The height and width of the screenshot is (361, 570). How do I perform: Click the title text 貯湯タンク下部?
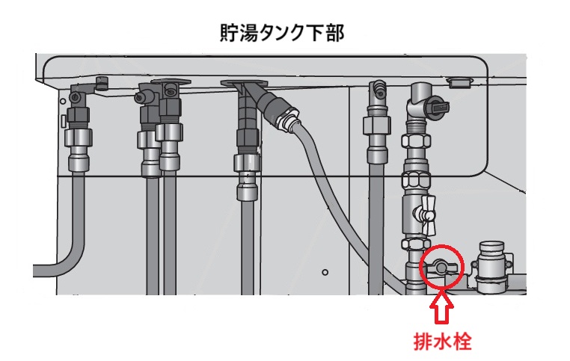pos(282,33)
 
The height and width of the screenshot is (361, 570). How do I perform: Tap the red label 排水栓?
pos(442,342)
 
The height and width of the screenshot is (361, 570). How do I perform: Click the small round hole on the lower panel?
pos(325,272)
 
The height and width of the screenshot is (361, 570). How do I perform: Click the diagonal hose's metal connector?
pos(287,118)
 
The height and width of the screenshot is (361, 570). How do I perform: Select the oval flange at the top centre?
pos(244,83)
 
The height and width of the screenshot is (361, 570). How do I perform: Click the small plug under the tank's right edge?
pos(459,82)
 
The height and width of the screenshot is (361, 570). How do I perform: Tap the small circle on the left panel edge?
pos(63,102)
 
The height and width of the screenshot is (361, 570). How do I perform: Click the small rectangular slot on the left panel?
pos(63,121)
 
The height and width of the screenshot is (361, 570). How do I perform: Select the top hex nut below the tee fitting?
pos(416,141)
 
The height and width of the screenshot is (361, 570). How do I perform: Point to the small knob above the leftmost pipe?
pos(101,83)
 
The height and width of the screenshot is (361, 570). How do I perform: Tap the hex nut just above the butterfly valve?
pos(416,179)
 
